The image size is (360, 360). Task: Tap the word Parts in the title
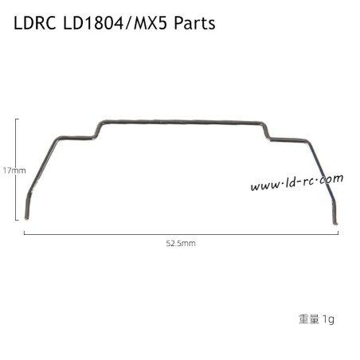(x=192, y=25)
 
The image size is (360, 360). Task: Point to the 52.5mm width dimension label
(x=180, y=243)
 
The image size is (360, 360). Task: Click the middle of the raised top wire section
(x=182, y=123)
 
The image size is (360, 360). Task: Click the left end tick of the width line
(x=25, y=232)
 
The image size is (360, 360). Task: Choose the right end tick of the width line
(x=337, y=232)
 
